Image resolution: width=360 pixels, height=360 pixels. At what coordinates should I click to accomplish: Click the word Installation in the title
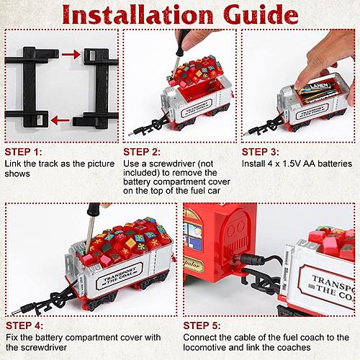tap(138, 14)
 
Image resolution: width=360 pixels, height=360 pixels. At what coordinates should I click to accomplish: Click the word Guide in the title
tap(261, 14)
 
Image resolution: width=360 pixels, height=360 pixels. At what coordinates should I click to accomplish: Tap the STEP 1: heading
tap(23, 152)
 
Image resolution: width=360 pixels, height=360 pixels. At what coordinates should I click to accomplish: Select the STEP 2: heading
tap(142, 152)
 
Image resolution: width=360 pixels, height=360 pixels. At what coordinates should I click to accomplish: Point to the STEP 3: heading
tap(261, 152)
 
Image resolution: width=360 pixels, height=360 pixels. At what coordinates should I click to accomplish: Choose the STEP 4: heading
tap(24, 325)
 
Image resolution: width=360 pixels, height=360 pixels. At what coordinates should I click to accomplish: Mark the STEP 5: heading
tap(202, 325)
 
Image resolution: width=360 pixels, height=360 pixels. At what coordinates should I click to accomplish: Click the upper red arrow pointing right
tap(71, 55)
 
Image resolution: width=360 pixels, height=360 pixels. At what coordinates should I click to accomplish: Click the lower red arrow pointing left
tap(60, 120)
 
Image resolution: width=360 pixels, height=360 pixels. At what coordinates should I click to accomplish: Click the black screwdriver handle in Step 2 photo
tap(182, 42)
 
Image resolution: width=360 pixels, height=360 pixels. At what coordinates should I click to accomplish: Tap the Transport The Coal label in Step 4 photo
tap(120, 276)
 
